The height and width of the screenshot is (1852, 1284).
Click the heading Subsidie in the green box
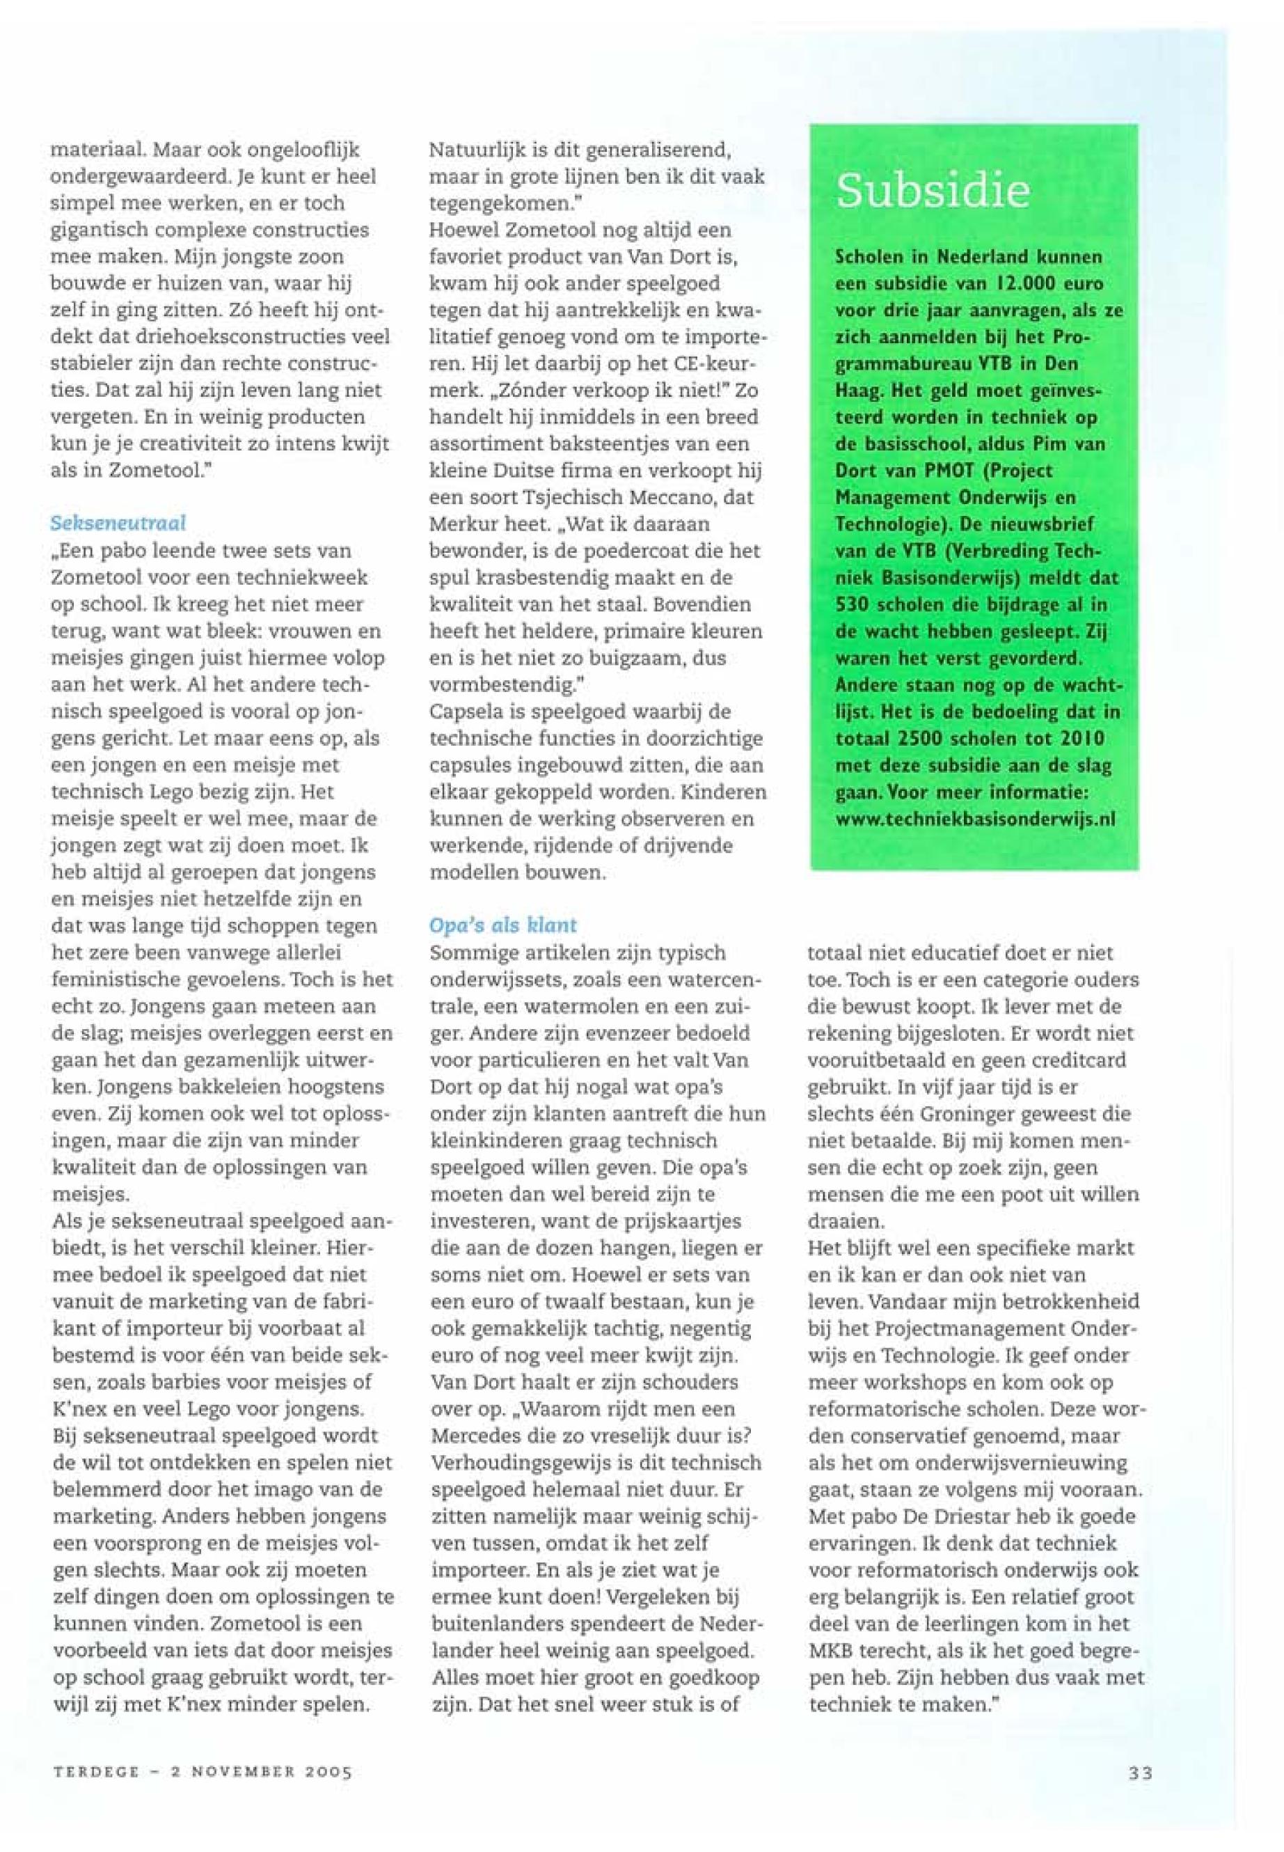pyautogui.click(x=933, y=191)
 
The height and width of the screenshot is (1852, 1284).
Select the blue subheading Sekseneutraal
pyautogui.click(x=118, y=523)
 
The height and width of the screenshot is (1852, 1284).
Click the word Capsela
pyautogui.click(x=463, y=712)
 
